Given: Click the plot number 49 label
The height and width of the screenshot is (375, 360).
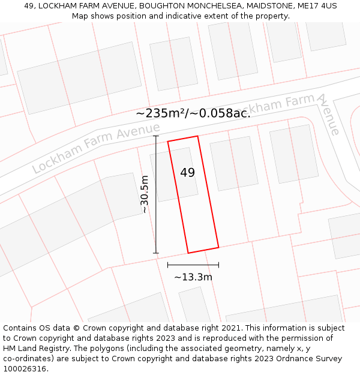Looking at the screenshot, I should (187, 173).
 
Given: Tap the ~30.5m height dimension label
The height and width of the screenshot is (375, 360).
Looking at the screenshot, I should (145, 194).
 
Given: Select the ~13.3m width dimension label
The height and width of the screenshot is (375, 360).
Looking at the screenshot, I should (193, 277).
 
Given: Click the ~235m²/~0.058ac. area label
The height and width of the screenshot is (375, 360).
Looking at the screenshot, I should (193, 113).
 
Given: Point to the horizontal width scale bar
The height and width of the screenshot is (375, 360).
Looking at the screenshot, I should (193, 265).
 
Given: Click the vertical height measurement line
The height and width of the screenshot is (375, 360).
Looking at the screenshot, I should (156, 194).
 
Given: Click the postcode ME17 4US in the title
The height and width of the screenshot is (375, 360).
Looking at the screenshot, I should (316, 6).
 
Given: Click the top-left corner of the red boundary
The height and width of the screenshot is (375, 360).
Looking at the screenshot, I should (168, 142).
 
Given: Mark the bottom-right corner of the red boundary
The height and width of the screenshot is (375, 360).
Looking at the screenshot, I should (218, 247).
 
